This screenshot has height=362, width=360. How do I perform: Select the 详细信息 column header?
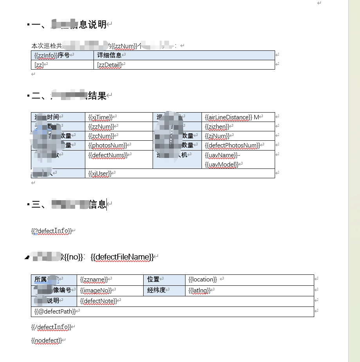[x=109, y=55]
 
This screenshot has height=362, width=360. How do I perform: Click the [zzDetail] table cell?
[x=109, y=65]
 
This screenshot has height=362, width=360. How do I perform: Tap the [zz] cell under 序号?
[x=39, y=65]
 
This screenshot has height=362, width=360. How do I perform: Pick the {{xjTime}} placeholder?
[x=100, y=117]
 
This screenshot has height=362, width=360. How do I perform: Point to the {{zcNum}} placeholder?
[x=101, y=136]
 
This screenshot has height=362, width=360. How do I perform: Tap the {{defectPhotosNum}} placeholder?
[x=232, y=145]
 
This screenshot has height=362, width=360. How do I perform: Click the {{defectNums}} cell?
[x=108, y=155]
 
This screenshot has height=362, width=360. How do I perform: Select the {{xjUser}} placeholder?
[x=100, y=173]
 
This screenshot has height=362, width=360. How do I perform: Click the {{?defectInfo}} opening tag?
[x=51, y=231]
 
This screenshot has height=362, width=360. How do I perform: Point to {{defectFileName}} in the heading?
[x=122, y=257]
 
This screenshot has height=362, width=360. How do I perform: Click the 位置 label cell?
[x=153, y=280]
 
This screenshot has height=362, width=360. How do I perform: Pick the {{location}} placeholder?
[x=202, y=280]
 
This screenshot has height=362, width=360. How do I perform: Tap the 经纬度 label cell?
[x=157, y=290]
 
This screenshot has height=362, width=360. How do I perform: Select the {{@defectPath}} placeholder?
[x=55, y=312]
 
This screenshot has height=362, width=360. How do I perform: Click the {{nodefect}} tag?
[x=46, y=340]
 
